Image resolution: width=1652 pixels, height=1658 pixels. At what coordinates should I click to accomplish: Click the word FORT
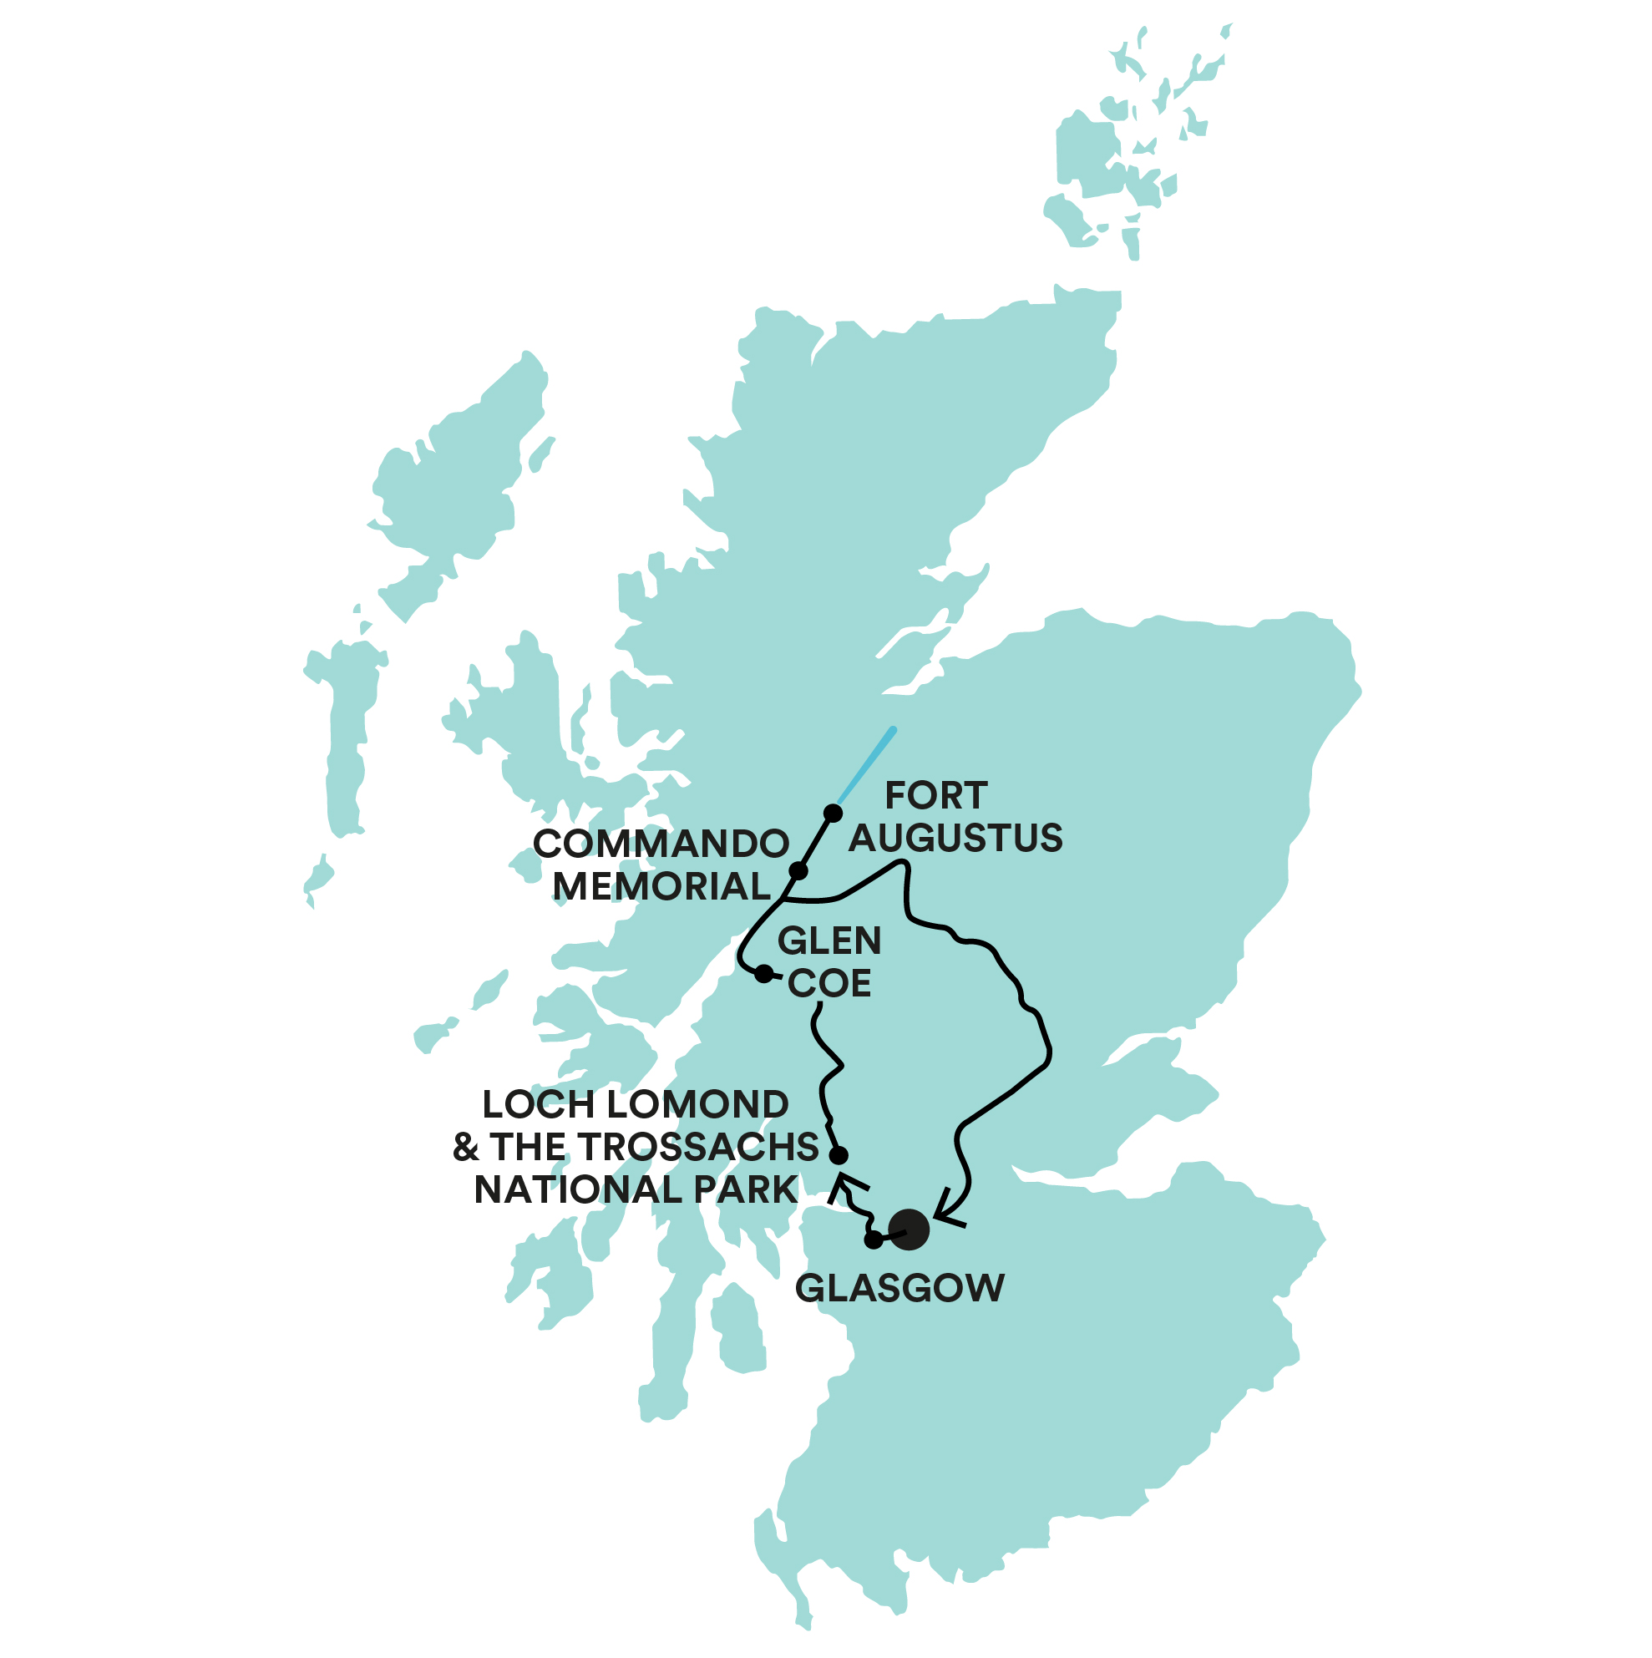(935, 795)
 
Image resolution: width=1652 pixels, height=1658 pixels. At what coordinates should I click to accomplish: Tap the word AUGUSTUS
(955, 838)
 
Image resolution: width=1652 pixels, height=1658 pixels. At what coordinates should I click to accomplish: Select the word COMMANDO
(661, 844)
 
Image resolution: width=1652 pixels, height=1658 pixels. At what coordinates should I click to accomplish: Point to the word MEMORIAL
(661, 885)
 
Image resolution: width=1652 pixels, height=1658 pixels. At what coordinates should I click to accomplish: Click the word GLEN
(829, 941)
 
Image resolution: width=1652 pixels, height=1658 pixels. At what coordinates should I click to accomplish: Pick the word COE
(829, 983)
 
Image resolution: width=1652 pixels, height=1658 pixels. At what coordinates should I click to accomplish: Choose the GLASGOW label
(899, 1288)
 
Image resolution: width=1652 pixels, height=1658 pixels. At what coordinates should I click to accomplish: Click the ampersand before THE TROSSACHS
(465, 1148)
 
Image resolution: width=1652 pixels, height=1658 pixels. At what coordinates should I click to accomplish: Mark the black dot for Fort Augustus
(833, 813)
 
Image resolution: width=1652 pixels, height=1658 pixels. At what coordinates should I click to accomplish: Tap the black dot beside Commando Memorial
(798, 871)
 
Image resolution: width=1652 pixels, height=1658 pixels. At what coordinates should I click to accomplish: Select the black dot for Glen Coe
(763, 973)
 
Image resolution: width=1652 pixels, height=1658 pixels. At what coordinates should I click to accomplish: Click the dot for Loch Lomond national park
(839, 1155)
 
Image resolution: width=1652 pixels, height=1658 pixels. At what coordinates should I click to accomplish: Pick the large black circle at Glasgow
(909, 1230)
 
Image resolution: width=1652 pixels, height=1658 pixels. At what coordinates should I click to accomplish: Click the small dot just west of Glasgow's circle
(873, 1240)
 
